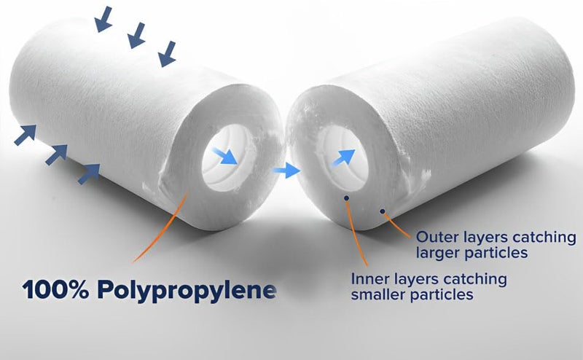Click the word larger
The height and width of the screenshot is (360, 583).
click(x=439, y=253)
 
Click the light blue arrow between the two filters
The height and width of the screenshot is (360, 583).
click(x=286, y=171)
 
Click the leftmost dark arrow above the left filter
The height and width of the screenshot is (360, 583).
click(x=103, y=20)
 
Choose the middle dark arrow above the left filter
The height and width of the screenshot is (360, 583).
click(x=136, y=36)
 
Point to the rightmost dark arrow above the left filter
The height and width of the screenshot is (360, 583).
click(x=168, y=53)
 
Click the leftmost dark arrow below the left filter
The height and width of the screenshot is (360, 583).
click(x=25, y=134)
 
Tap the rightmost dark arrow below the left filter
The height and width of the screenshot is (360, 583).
click(x=89, y=172)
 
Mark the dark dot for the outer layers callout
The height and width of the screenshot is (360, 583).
click(x=382, y=211)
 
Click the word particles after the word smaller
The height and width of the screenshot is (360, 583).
click(x=441, y=295)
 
